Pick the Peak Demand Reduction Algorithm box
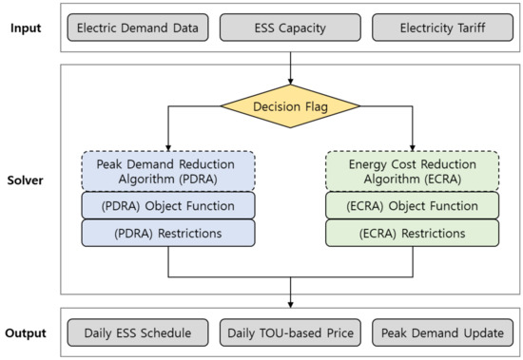[168, 169]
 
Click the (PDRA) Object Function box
[168, 205]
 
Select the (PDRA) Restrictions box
[168, 233]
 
